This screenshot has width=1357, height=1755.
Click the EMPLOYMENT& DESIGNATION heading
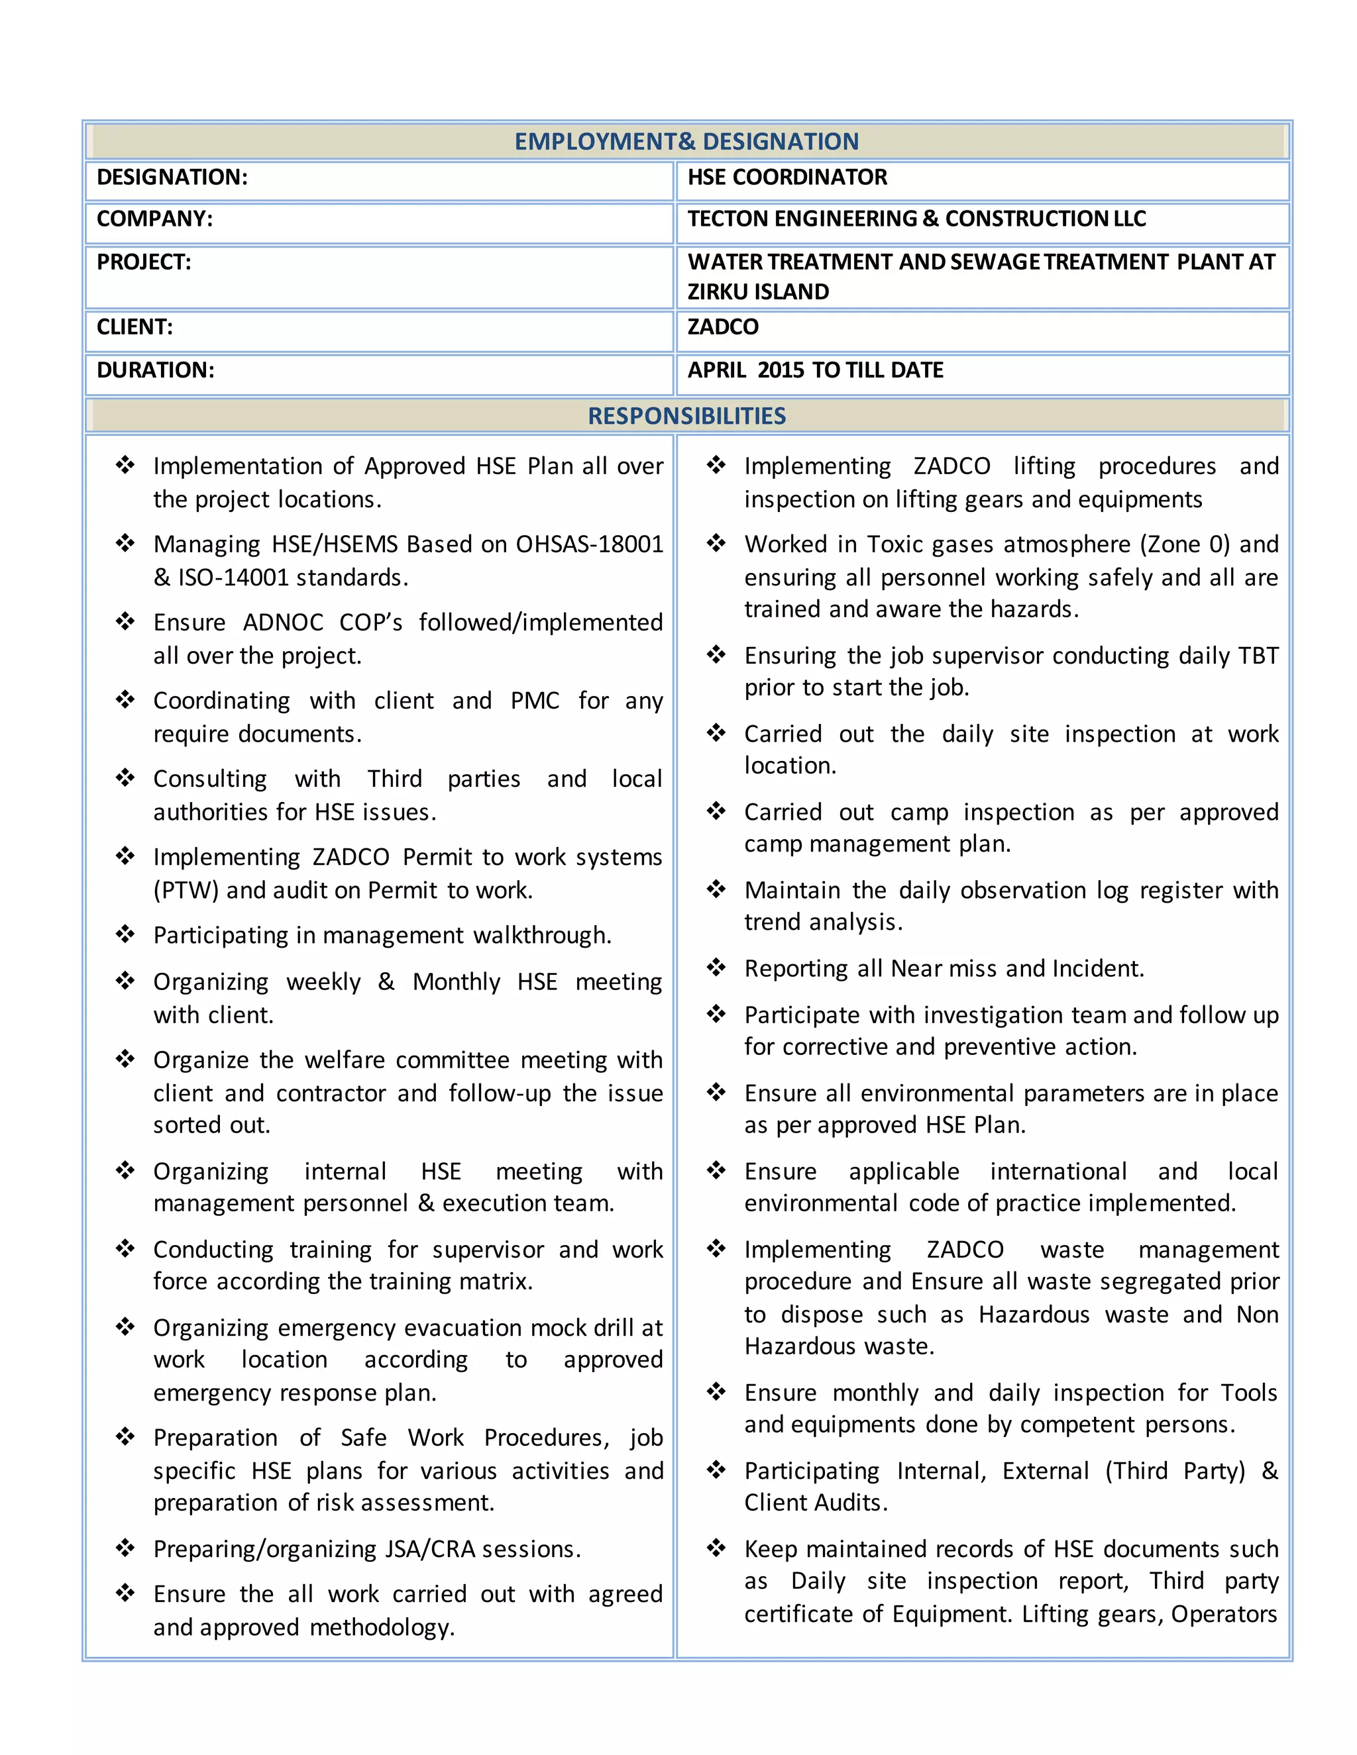[x=686, y=142]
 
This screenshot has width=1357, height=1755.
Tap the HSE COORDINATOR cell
[x=787, y=177]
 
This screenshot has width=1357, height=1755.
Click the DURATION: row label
[x=155, y=370]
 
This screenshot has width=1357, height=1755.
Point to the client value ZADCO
[x=723, y=327]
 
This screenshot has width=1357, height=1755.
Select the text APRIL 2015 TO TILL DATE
[x=814, y=370]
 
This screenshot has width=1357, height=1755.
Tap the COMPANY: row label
[x=154, y=219]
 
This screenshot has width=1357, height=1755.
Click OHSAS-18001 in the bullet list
[x=589, y=545]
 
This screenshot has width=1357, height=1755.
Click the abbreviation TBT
[x=1258, y=656]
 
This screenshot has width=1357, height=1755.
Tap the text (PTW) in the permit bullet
[x=186, y=890]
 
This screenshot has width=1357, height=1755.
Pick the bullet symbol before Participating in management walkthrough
[x=125, y=934]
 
